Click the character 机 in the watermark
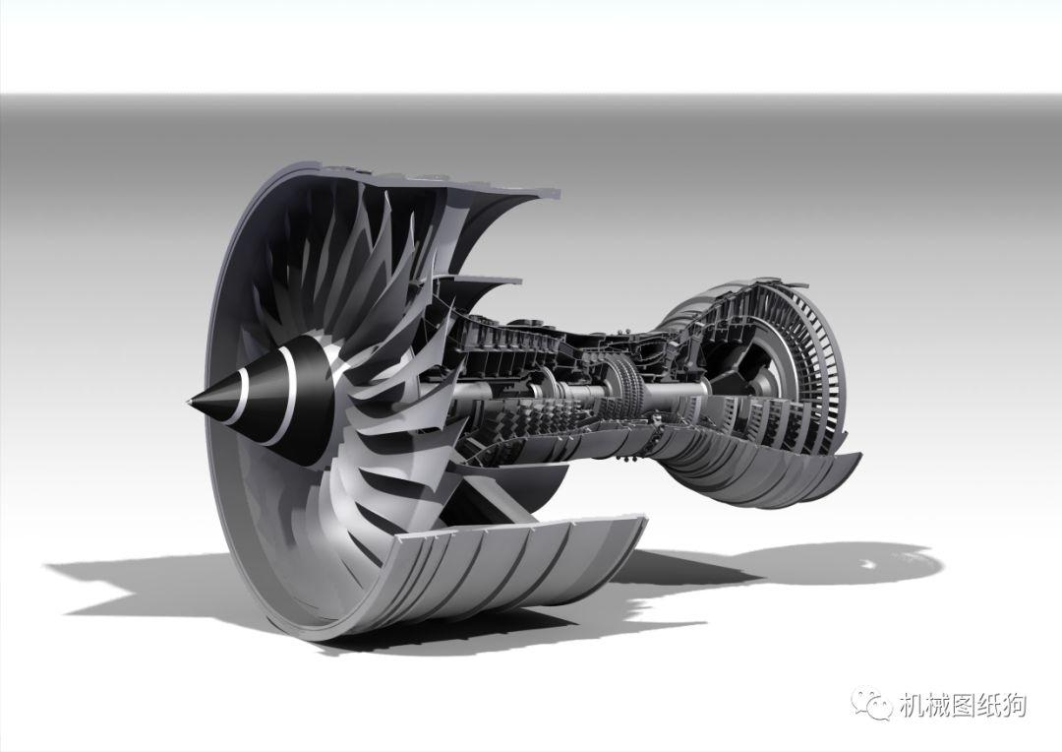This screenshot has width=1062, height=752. [x=911, y=706]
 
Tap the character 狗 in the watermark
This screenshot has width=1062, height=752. [x=1014, y=706]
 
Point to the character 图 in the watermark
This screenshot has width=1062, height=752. [x=962, y=706]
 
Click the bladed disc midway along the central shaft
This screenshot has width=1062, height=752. [x=620, y=378]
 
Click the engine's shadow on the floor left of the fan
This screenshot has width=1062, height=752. [x=128, y=581]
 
